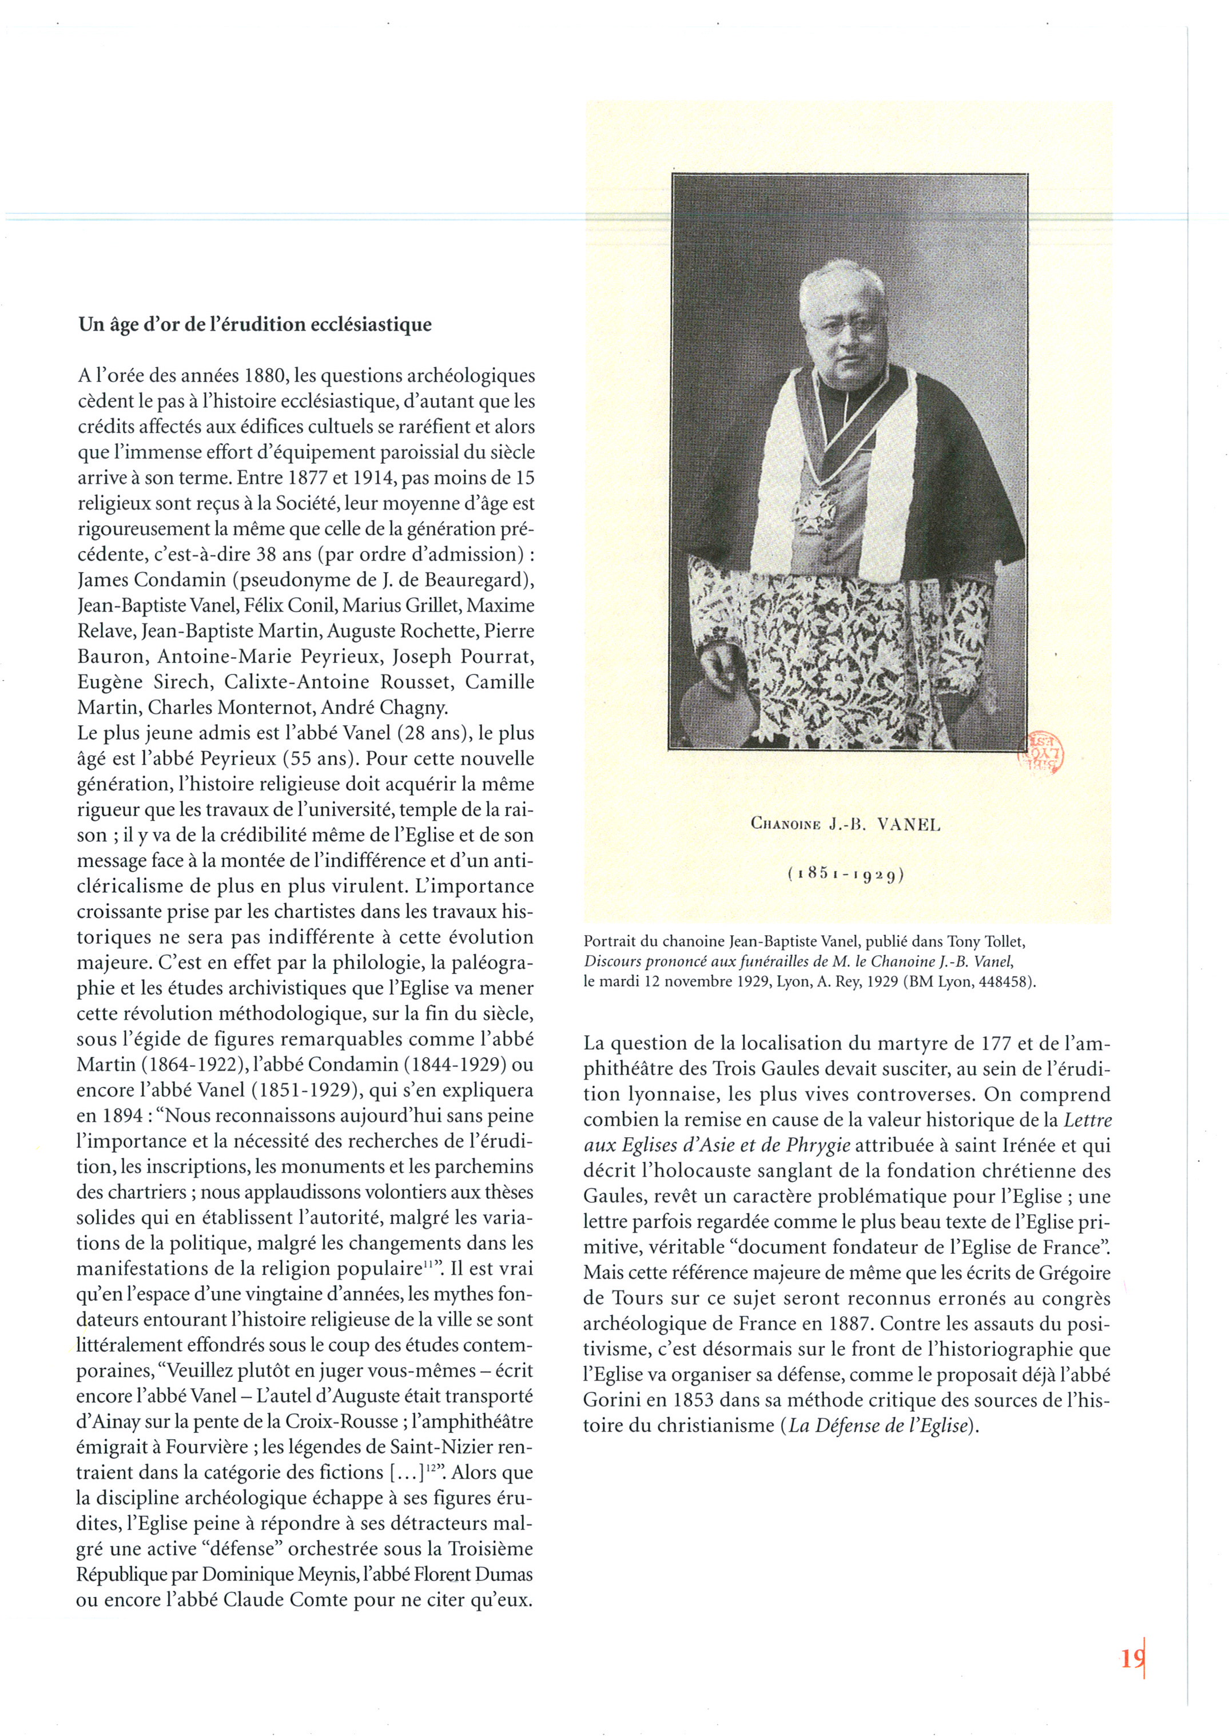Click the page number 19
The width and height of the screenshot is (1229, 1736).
(1132, 1659)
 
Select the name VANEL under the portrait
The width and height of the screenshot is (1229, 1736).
(908, 825)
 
